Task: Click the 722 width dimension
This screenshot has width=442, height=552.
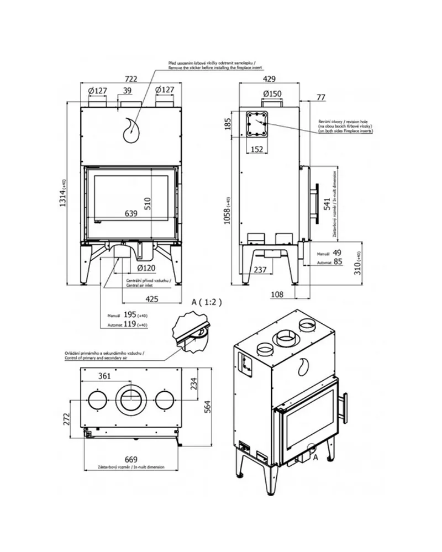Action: [x=131, y=79]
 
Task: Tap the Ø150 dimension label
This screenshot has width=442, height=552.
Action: [x=273, y=93]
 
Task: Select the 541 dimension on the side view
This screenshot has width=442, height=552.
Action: [x=327, y=204]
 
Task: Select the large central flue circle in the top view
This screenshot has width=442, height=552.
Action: [x=131, y=399]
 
